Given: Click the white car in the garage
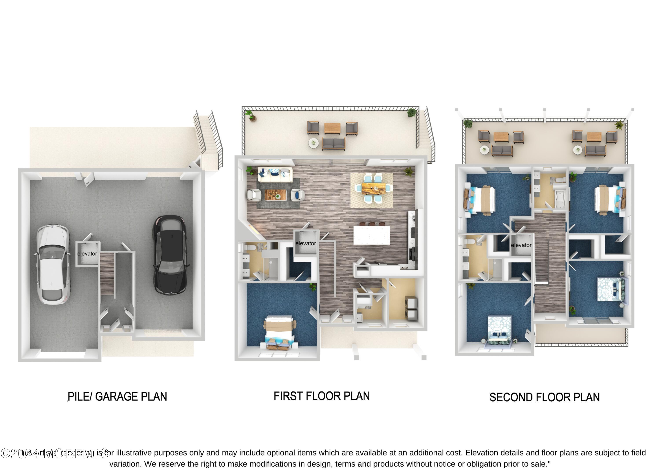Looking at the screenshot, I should pos(53,264).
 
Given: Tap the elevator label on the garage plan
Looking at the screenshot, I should pos(87,254).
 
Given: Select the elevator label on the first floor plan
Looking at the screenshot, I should pos(306,243).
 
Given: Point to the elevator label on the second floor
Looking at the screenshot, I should pos(521,245).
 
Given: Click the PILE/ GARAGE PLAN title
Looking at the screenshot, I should pos(117,396).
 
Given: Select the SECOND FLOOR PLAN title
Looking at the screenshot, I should pos(544,397).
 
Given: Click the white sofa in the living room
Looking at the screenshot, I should pos(275,175).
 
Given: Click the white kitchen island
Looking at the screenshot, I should pos(372,235).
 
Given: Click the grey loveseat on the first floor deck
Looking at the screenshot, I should pos(334,144).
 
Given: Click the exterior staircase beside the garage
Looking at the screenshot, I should pos(209,137).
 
